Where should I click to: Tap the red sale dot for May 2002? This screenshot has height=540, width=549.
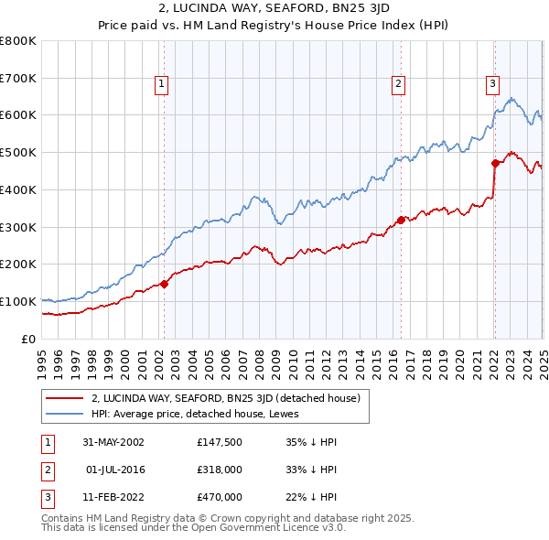click(165, 284)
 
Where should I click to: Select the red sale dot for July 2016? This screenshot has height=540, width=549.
click(401, 220)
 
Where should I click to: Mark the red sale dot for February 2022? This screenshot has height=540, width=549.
click(495, 163)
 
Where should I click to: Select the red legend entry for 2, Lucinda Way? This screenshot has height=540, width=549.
click(226, 398)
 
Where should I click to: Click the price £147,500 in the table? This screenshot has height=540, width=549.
click(220, 441)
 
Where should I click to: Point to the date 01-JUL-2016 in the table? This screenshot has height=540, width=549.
click(115, 470)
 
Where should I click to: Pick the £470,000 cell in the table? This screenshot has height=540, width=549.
click(220, 497)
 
